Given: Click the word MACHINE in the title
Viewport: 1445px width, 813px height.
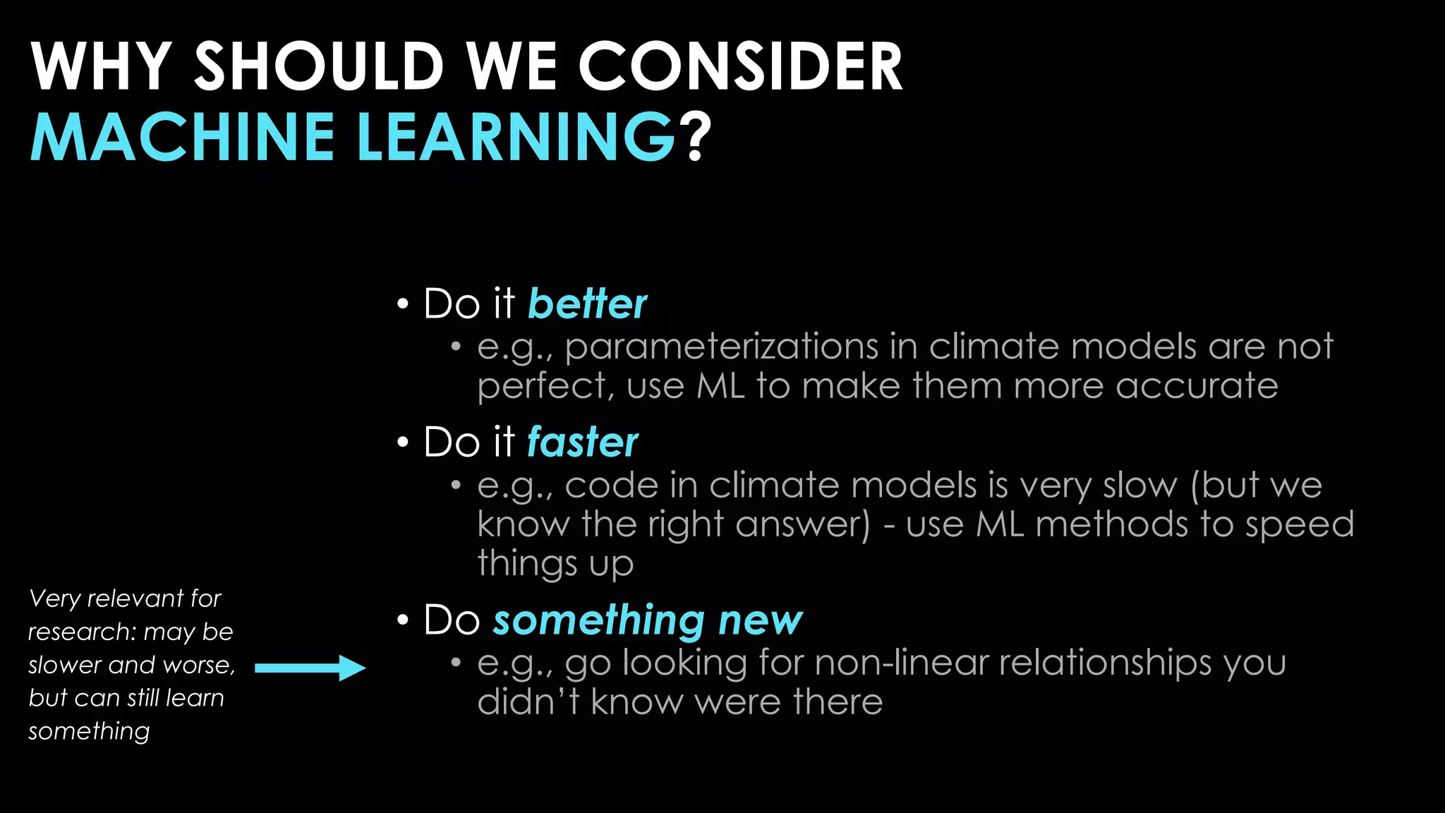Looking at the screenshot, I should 182,137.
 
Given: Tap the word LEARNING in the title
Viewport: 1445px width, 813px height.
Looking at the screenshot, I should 516,137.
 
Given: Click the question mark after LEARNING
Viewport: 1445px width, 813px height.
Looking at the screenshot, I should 696,137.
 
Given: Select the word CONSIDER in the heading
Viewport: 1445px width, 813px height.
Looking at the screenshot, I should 740,66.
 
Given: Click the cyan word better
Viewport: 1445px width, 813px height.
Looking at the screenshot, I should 587,304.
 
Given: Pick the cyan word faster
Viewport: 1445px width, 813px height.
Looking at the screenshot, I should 582,442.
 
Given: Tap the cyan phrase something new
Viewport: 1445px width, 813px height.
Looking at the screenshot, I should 647,621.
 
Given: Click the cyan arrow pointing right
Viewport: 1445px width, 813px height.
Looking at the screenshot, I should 310,668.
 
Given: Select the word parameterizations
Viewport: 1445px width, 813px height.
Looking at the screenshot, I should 721,347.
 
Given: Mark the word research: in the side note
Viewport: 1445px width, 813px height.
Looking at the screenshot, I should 82,632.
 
